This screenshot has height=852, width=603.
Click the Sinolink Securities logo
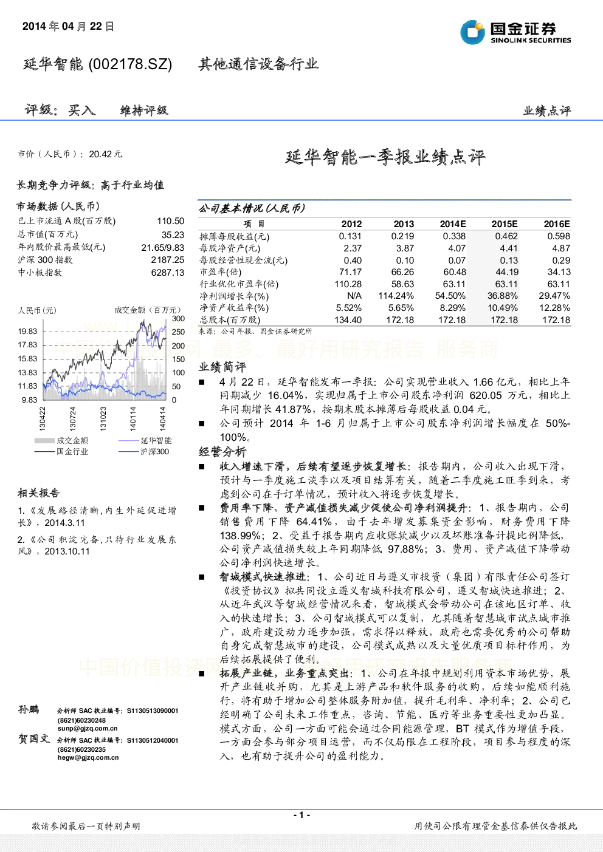point(515,32)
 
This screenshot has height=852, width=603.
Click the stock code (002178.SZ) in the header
point(130,64)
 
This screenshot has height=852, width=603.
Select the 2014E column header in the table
point(453,224)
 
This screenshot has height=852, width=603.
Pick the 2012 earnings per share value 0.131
point(350,236)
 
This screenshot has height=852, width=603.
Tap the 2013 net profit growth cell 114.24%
point(396,296)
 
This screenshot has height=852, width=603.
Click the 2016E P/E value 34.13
point(559,272)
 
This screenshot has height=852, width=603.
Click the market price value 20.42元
point(106,154)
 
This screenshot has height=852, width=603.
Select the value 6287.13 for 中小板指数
point(168,272)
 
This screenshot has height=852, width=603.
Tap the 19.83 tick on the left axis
point(27,332)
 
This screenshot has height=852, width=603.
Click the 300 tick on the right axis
point(178,319)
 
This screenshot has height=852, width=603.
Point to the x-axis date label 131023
point(103,418)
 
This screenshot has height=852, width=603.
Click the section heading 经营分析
point(222,451)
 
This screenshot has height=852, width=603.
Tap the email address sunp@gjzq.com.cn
point(88,728)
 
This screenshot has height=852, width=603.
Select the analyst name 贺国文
point(34,738)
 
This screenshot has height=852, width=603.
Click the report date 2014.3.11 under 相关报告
point(64,523)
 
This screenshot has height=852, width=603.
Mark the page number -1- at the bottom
point(302,815)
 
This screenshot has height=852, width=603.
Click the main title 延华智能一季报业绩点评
point(385,157)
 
